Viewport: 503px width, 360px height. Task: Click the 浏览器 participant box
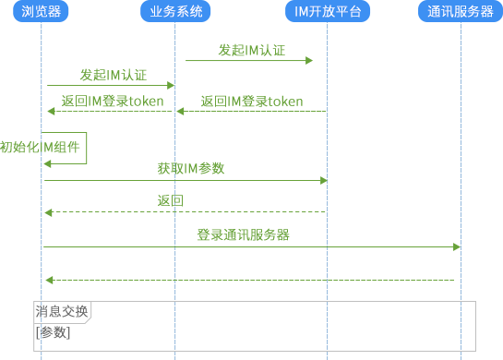point(42,11)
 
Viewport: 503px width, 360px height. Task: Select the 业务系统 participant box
point(175,11)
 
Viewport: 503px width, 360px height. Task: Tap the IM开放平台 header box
point(328,11)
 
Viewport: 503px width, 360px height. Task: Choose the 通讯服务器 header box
point(461,11)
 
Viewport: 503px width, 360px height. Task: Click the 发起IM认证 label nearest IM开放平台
point(251,49)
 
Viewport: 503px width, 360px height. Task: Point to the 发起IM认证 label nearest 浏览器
point(113,75)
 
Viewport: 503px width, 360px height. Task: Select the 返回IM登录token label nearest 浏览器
point(113,101)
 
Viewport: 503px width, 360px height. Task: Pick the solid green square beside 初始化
point(66,148)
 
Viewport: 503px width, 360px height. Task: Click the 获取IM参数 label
point(191,168)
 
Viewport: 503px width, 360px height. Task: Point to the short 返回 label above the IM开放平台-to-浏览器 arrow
point(170,201)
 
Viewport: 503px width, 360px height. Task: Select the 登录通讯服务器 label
point(244,235)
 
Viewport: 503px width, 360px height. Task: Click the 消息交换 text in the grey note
point(61,312)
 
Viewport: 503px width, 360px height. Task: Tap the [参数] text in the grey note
point(52,332)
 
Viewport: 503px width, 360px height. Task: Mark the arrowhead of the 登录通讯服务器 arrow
point(458,246)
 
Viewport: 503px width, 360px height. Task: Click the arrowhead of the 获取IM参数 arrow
point(324,180)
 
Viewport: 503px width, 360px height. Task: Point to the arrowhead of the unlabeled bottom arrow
point(50,280)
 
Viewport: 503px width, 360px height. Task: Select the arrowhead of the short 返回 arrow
point(50,212)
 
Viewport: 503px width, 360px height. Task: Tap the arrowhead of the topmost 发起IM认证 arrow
point(310,60)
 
